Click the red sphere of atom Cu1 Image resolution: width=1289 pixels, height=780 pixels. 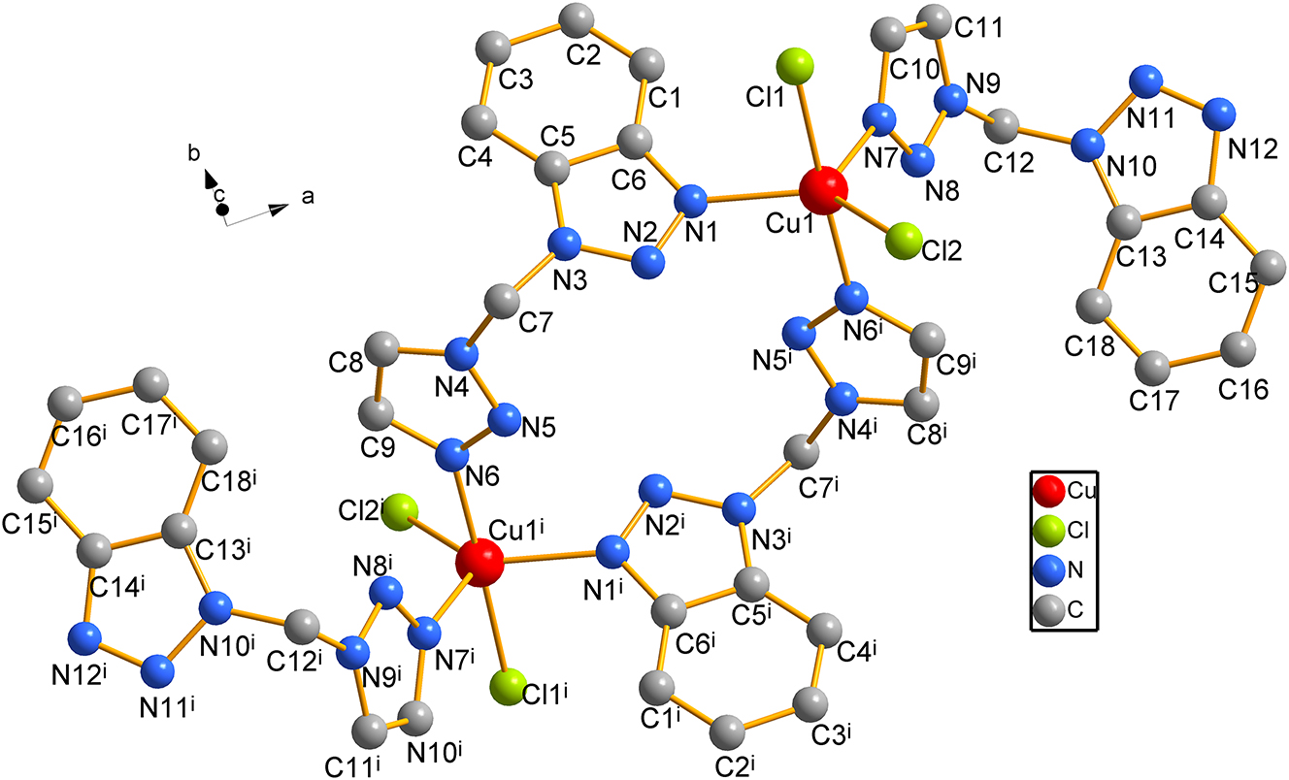[x=823, y=191]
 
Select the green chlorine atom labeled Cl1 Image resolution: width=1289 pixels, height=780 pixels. [x=795, y=67]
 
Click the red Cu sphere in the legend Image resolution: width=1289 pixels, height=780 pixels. [x=1049, y=490]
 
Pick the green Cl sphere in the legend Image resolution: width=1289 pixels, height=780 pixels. [x=1049, y=531]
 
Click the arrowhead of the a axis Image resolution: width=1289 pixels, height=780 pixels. [x=280, y=210]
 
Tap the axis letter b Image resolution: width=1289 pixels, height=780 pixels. [x=195, y=153]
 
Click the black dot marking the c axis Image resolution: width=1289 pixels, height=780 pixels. [x=222, y=210]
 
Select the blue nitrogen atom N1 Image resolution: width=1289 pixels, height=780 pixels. [x=690, y=202]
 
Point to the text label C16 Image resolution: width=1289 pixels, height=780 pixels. [x=1243, y=390]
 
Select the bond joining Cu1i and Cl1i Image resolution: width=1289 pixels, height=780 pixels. [x=494, y=628]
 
